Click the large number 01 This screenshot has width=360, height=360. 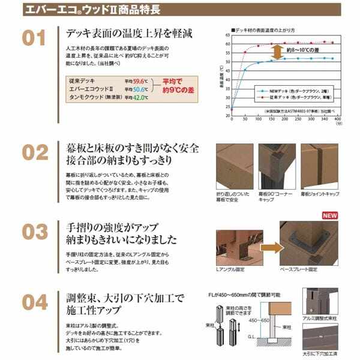tap(34, 39)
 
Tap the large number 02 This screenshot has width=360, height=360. tap(34, 152)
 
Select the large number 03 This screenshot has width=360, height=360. tap(34, 232)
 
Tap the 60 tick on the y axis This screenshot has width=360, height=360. tap(227, 44)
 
